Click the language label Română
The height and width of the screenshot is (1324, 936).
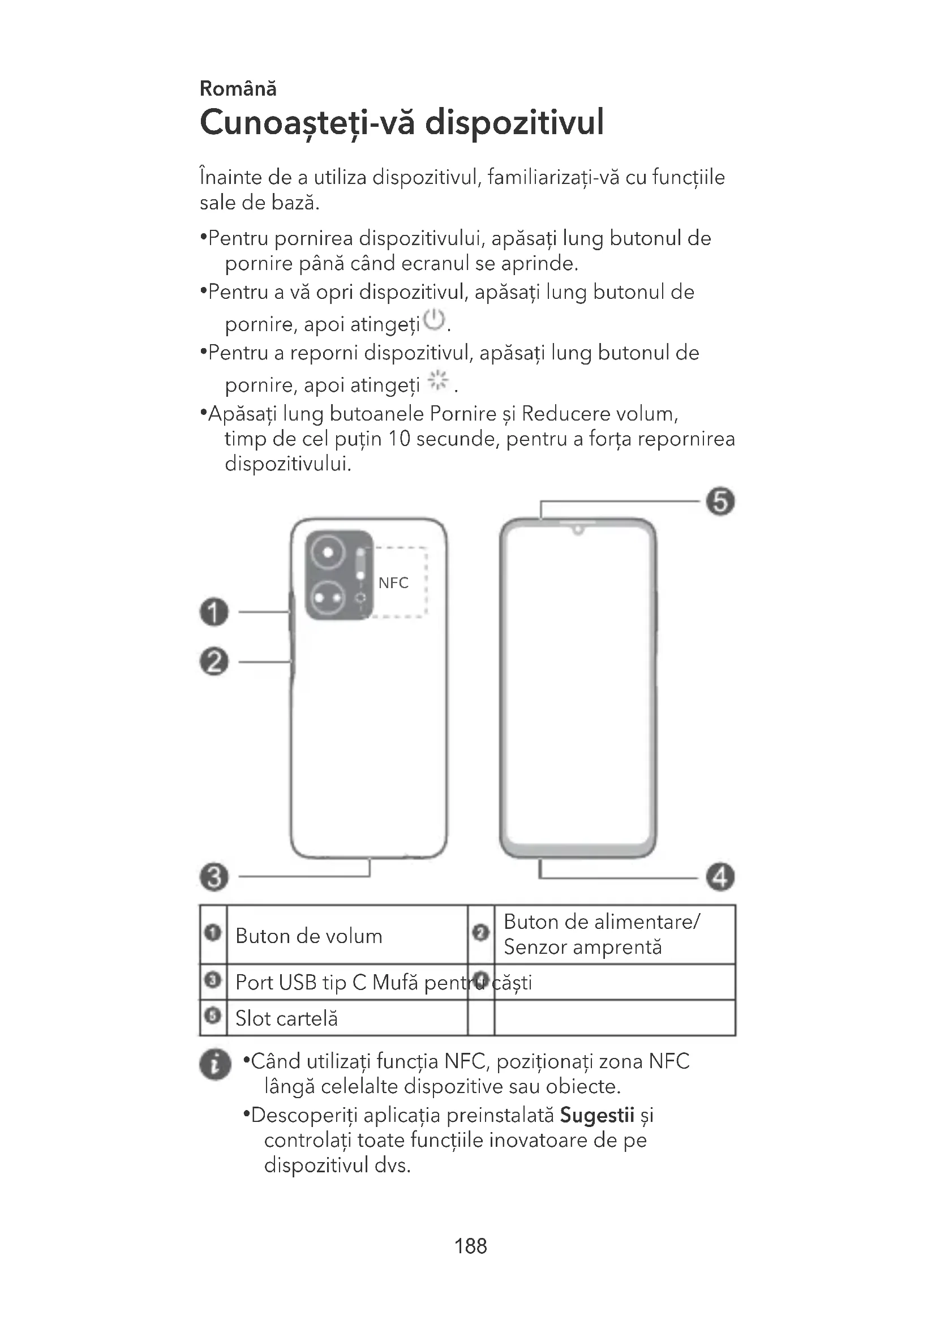point(238,89)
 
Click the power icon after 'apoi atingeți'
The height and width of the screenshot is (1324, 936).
point(434,320)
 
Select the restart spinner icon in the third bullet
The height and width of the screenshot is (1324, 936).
point(438,380)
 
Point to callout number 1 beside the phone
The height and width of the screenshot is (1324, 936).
point(214,611)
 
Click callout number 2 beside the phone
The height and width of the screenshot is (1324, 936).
point(214,661)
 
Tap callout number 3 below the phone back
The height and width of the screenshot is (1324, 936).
point(214,877)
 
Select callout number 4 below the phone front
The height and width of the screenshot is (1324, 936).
point(720,877)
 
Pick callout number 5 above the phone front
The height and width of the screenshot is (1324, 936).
point(720,501)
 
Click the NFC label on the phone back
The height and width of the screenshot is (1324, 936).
point(393,583)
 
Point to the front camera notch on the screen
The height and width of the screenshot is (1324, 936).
point(578,529)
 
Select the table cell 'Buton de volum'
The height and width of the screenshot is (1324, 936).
point(309,936)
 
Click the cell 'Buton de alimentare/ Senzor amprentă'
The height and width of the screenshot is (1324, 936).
point(602,935)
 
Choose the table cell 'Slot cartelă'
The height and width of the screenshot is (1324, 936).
point(286,1018)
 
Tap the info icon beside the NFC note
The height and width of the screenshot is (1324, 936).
point(215,1064)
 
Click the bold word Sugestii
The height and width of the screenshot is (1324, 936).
point(597,1115)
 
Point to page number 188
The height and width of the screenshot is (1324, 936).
point(470,1246)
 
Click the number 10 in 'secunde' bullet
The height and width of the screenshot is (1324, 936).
point(399,439)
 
